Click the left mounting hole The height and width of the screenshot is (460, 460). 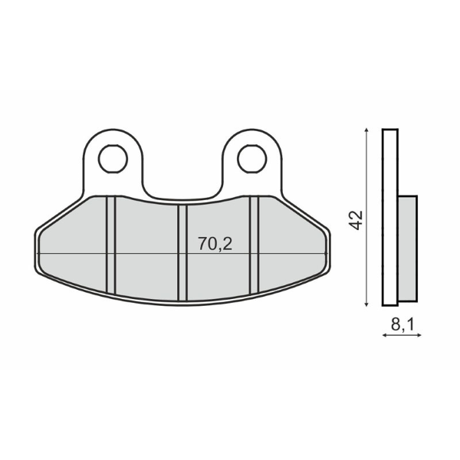[x=113, y=159]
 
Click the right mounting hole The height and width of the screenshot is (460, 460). [x=251, y=159]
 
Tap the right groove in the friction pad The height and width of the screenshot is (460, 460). [x=255, y=244]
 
